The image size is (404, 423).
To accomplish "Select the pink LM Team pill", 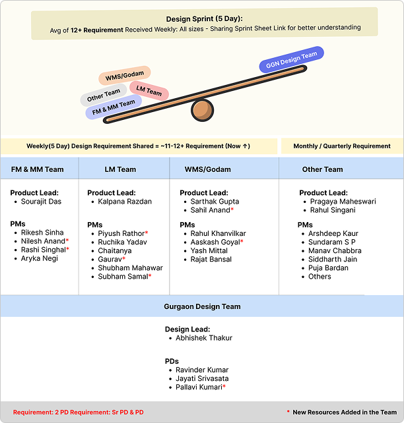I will (149, 91).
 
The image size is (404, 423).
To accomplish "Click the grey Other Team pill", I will (104, 97).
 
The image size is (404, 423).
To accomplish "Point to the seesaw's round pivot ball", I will (202, 110).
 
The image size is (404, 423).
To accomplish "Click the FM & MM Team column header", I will (38, 169).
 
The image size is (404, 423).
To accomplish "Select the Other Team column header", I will (322, 169).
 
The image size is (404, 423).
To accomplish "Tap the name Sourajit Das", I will (41, 202).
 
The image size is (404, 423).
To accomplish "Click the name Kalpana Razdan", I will (125, 202).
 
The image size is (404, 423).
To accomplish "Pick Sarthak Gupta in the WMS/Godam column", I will (215, 202).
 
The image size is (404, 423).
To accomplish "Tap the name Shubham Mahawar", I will (130, 268).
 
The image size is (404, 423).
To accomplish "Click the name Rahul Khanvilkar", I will (219, 234).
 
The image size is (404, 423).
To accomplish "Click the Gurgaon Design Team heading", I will (202, 306).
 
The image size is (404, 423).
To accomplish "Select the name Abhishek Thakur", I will (204, 338).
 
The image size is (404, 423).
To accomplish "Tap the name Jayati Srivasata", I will (203, 379).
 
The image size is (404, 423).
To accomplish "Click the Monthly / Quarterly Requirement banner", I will (342, 146).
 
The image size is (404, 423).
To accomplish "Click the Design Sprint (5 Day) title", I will (204, 18).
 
